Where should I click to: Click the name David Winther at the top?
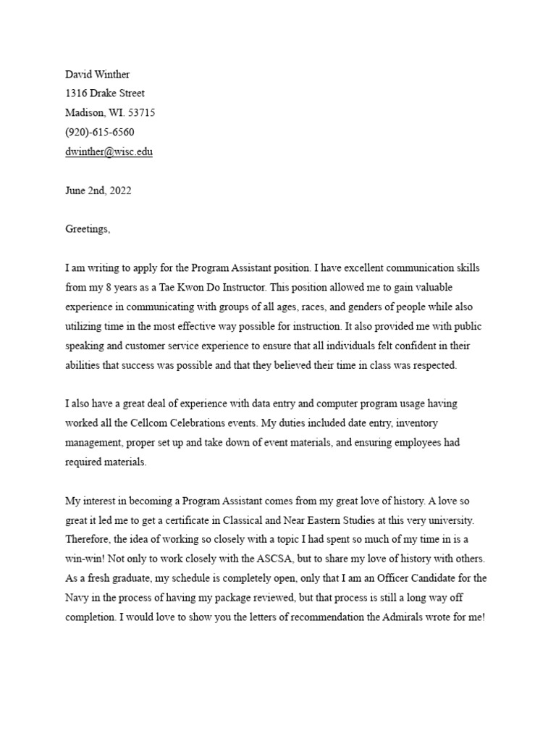pyautogui.click(x=98, y=74)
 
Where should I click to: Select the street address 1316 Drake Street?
pyautogui.click(x=105, y=93)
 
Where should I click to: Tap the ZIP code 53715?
pyautogui.click(x=140, y=112)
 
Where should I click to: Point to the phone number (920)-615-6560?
pyautogui.click(x=100, y=132)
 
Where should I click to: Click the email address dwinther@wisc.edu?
pyautogui.click(x=109, y=151)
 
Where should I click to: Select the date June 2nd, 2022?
pyautogui.click(x=98, y=191)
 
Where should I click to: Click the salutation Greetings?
pyautogui.click(x=88, y=229)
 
